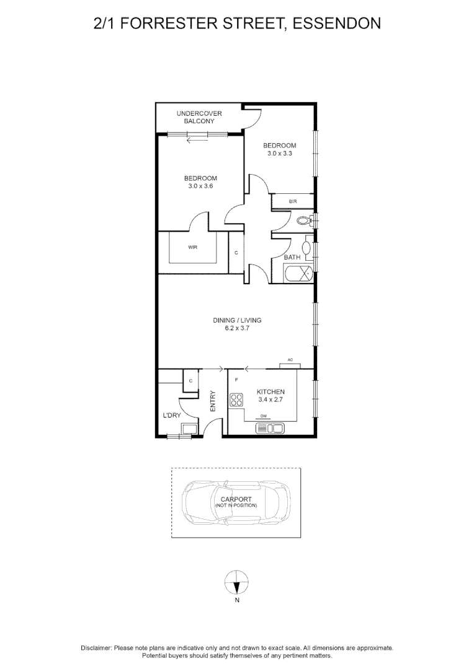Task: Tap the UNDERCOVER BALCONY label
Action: point(199,117)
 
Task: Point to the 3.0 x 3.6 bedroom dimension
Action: point(200,186)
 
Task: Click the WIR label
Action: point(192,247)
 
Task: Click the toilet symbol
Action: point(303,221)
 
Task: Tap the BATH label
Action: point(292,257)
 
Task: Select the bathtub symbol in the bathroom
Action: point(298,273)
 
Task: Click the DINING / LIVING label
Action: point(237,320)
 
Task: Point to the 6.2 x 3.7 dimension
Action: point(237,328)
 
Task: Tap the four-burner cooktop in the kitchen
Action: point(236,400)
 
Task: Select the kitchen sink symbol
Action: point(269,427)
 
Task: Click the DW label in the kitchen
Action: point(263,416)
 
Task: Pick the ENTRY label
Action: point(213,401)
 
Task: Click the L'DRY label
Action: point(171,415)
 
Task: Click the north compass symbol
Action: point(236,583)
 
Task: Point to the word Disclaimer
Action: point(96,647)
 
